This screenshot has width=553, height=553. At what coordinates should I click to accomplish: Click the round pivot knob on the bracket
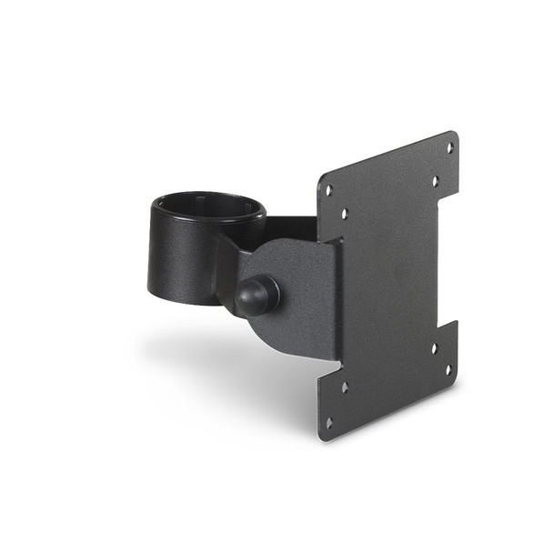[256, 295]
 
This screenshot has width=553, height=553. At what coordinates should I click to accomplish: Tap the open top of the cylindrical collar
[207, 206]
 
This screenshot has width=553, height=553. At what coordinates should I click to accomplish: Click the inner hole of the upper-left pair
[345, 216]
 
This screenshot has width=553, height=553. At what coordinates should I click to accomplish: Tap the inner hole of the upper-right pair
[435, 181]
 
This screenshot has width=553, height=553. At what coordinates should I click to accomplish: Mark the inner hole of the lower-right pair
[434, 347]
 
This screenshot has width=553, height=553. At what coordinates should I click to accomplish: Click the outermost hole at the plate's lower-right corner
[447, 370]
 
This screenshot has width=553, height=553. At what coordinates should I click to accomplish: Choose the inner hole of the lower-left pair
[345, 387]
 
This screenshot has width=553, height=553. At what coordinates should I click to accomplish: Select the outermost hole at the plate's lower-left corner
[328, 422]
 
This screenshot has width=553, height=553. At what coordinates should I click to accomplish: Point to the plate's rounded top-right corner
[453, 136]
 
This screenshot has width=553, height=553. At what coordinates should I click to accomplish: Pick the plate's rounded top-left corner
[321, 179]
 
